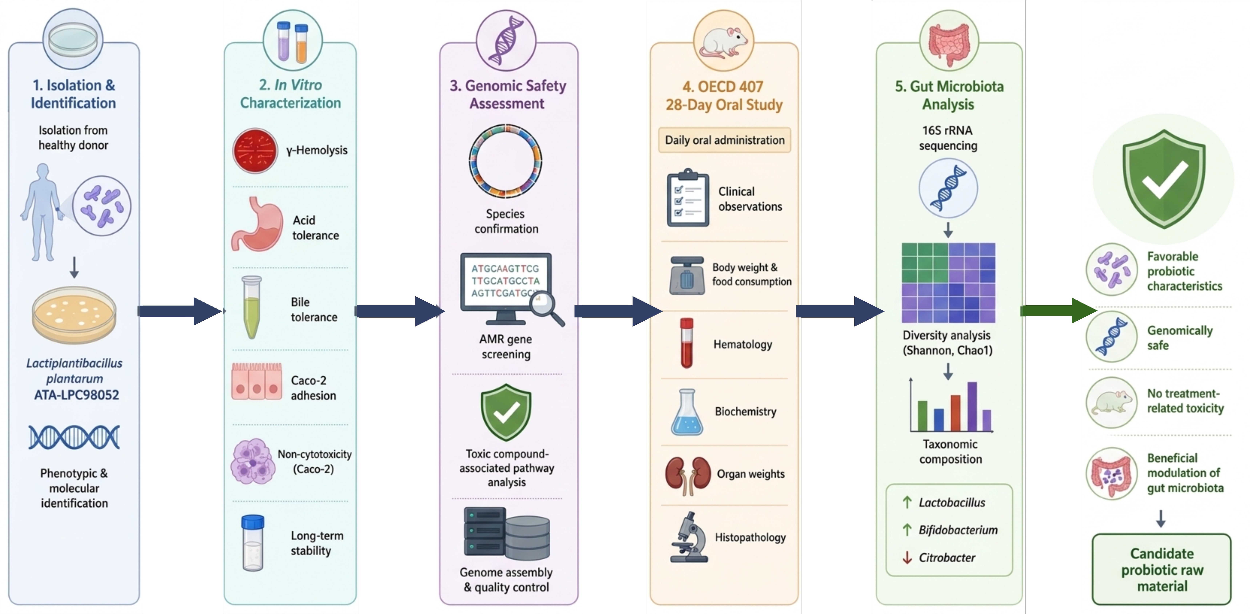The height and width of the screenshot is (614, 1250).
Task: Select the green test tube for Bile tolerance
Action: click(252, 307)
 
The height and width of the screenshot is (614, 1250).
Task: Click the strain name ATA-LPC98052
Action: click(76, 394)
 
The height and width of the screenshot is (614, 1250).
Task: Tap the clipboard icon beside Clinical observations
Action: click(688, 198)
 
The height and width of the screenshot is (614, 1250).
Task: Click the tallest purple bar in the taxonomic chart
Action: click(972, 407)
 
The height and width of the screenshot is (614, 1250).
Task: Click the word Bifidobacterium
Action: click(958, 530)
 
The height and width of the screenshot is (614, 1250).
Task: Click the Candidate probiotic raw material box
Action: click(1162, 569)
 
